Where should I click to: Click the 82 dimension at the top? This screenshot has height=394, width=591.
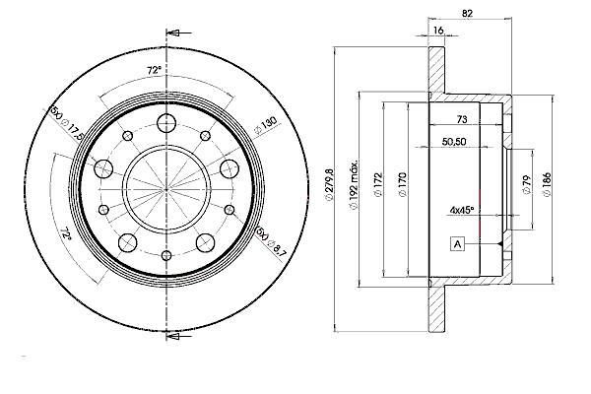click(x=467, y=14)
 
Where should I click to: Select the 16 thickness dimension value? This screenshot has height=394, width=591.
click(x=438, y=31)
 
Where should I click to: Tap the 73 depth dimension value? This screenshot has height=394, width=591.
click(x=462, y=119)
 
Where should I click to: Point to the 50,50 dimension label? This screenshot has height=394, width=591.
click(x=454, y=142)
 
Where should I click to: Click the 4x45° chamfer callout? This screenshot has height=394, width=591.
click(x=461, y=210)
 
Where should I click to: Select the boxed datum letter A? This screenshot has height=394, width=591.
click(x=458, y=244)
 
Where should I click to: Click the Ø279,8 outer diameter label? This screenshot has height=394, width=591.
click(x=330, y=185)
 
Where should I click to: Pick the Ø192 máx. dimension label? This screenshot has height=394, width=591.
click(x=354, y=185)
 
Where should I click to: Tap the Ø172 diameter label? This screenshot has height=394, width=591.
click(x=378, y=184)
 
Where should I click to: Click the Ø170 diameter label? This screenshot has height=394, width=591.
click(x=403, y=184)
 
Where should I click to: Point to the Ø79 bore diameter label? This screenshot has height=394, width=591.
click(x=527, y=185)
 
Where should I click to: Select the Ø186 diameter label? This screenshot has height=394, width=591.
click(x=547, y=184)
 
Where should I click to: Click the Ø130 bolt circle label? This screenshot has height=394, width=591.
click(x=266, y=125)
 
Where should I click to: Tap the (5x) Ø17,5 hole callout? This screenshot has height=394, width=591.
click(x=66, y=123)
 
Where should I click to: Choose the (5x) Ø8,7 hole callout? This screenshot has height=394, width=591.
click(x=271, y=242)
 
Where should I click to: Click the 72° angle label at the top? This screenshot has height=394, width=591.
click(x=154, y=70)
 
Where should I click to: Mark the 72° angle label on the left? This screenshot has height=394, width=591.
click(x=66, y=234)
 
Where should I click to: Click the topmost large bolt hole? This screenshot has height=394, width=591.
click(x=166, y=123)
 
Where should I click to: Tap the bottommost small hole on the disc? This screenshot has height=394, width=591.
click(x=166, y=256)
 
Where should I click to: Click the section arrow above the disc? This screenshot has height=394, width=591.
click(x=179, y=33)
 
